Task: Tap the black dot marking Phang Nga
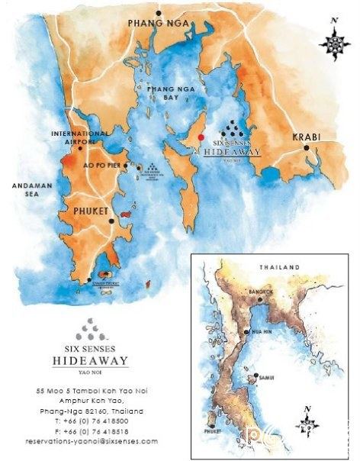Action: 159,13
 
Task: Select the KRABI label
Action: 306,137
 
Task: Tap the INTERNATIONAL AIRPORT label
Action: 73,137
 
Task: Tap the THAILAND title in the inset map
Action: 278,267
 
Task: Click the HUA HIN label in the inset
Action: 261,332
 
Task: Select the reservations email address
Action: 91,441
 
